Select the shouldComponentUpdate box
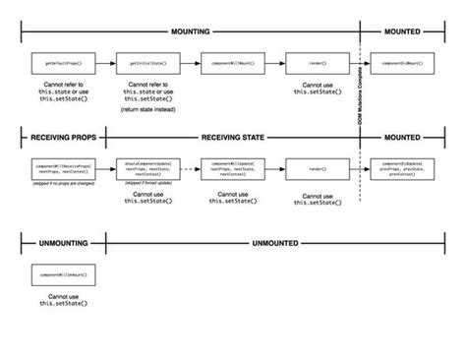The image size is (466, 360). [x=145, y=170]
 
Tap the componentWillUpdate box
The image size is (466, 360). [x=229, y=170]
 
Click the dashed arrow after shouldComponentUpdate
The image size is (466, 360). [x=187, y=170]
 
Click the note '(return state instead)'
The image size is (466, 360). [x=145, y=110]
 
